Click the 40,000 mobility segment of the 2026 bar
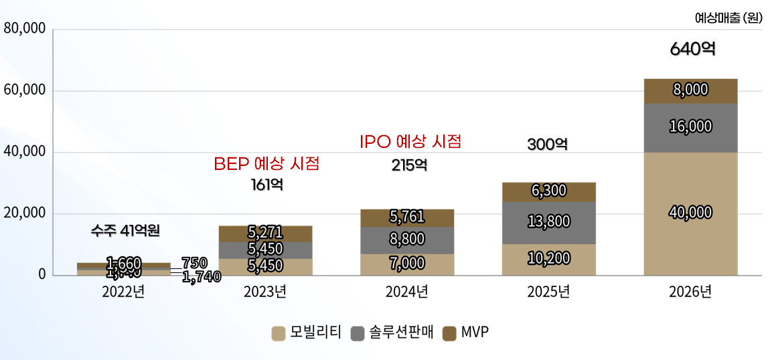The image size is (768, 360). [x=690, y=213]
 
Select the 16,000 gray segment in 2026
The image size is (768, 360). [x=690, y=127]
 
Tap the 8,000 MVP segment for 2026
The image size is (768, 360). [x=690, y=91]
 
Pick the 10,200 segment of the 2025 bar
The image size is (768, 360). [x=548, y=259]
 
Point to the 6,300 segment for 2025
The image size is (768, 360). [x=548, y=191]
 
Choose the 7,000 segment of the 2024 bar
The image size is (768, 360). [x=406, y=264]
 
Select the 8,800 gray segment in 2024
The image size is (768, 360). [x=406, y=240]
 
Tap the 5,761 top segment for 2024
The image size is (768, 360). [x=406, y=217]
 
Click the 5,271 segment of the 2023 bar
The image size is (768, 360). [x=264, y=233]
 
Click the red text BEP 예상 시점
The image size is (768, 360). [x=266, y=164]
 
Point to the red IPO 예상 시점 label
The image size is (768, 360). [x=410, y=142]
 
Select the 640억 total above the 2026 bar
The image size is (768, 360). [x=692, y=49]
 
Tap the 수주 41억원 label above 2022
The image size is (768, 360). [x=125, y=232]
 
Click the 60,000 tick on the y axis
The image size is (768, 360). [x=24, y=90]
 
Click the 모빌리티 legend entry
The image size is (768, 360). [x=307, y=333]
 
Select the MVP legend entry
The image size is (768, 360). [x=466, y=333]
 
